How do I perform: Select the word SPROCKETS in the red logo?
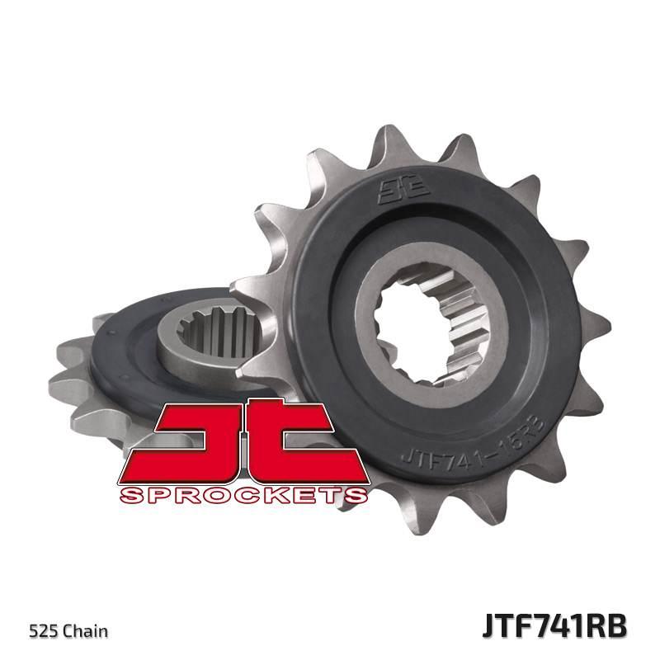pos(243,495)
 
